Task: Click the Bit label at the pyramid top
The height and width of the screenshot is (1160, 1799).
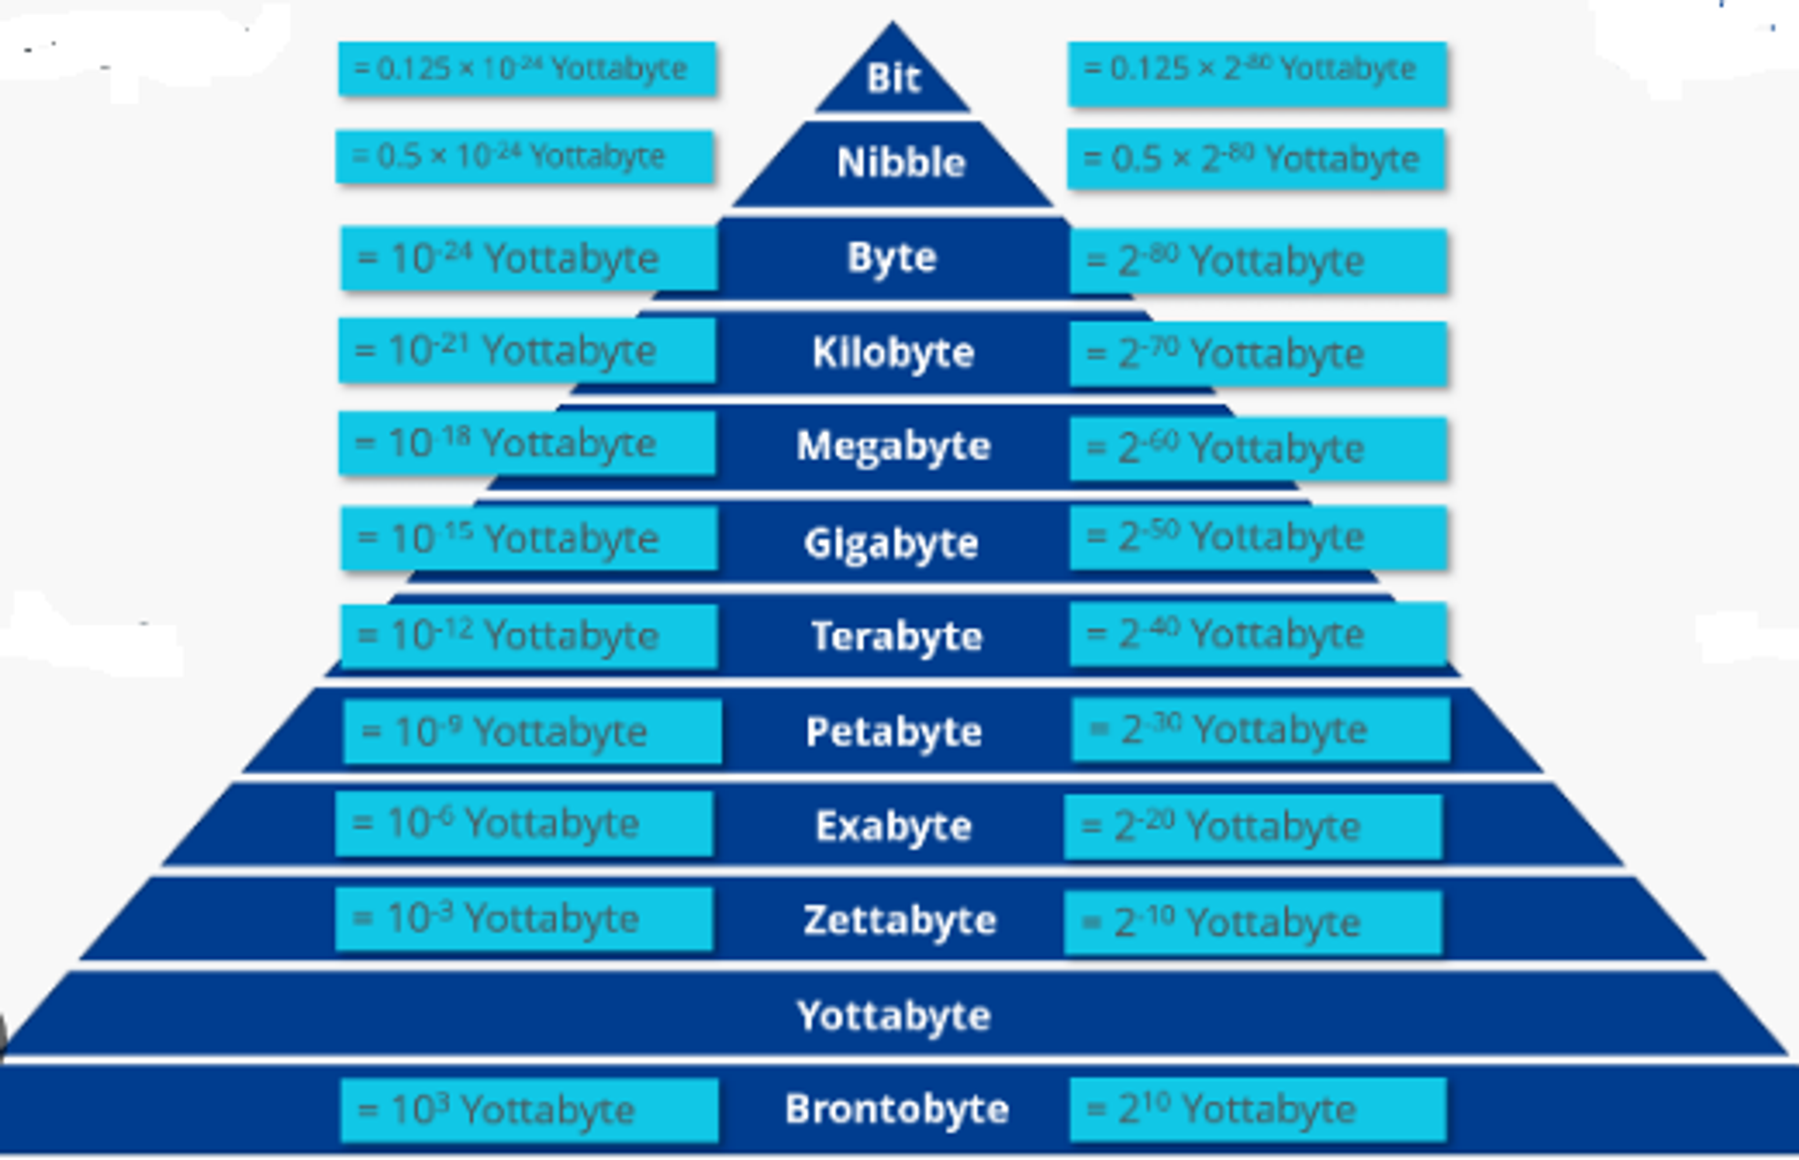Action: (893, 78)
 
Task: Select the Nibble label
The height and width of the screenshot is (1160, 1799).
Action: (900, 162)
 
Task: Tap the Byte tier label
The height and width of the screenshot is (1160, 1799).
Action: (892, 258)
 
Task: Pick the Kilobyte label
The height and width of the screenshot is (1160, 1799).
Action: (893, 352)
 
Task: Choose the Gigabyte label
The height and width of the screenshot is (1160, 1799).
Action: (891, 543)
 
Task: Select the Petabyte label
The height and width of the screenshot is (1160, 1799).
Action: (894, 731)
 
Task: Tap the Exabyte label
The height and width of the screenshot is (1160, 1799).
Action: (894, 826)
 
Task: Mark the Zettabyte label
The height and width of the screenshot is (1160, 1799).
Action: (899, 921)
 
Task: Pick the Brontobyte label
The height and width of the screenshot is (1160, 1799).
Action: (897, 1109)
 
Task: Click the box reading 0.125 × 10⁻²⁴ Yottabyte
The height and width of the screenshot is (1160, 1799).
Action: (527, 68)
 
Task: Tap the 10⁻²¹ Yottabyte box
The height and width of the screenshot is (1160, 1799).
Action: (527, 351)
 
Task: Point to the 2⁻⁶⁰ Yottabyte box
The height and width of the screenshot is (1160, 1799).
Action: (1257, 448)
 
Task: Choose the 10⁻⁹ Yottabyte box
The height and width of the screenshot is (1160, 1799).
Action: (532, 731)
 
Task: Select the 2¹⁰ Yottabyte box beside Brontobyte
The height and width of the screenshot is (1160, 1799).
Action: (1257, 1109)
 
